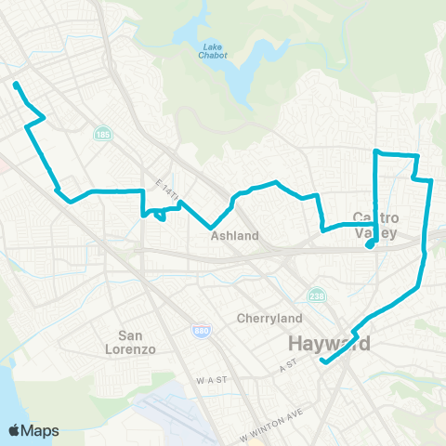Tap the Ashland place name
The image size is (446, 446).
(234, 236)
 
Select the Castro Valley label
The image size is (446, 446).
(376, 225)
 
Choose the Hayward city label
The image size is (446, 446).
(330, 344)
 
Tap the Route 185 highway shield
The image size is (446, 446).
(99, 136)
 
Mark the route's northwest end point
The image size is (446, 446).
(17, 85)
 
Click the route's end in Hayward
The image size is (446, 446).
(321, 361)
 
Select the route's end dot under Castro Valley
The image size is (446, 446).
(370, 245)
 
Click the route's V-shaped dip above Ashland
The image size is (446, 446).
(213, 226)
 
